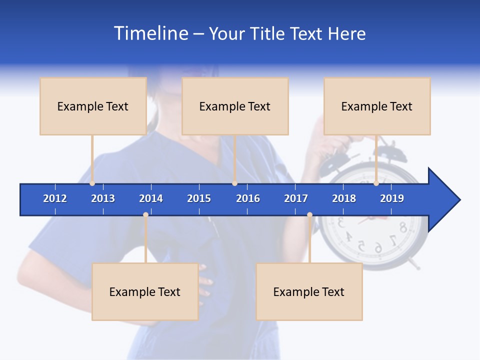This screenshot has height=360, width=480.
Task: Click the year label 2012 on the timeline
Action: coord(55,198)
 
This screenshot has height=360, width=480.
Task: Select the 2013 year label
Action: coord(103,198)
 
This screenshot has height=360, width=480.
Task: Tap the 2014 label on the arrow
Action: coord(151,198)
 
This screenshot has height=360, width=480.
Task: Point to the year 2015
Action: coord(199,198)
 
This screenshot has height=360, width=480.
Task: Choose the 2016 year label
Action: coord(248,198)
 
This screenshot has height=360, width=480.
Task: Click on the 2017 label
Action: coord(296,198)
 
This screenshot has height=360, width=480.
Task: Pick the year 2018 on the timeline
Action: coord(344,198)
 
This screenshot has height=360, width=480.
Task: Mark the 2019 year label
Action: coord(392,198)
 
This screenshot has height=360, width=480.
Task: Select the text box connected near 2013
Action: coord(93,106)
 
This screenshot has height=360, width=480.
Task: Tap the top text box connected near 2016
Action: coord(235,106)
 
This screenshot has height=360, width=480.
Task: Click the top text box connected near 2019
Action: coord(377,106)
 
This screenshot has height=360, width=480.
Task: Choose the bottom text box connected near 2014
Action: coord(145,291)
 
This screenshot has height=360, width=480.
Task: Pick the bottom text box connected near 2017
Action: coord(309,291)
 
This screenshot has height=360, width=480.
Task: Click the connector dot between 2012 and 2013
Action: coord(92,183)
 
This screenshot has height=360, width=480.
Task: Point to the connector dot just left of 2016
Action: coord(234,183)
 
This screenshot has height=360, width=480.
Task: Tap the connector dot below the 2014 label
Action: coord(145,215)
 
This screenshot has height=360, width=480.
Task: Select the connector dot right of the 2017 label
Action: coord(309,215)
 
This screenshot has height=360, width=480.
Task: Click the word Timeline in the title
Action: coord(150,33)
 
